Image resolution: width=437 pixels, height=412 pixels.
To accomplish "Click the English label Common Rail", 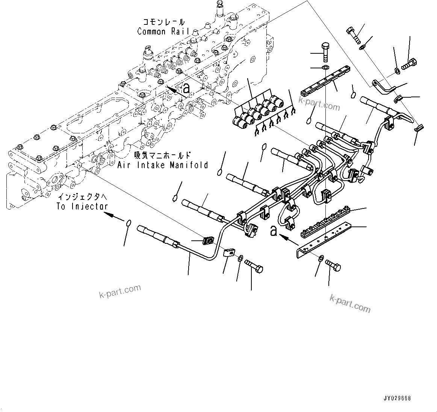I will click(x=163, y=32).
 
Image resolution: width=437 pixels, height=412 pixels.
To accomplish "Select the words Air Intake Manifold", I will click(x=163, y=165).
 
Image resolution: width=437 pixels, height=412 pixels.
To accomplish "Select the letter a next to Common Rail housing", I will click(x=186, y=89).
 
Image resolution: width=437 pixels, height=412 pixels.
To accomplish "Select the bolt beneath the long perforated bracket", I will click(x=333, y=265).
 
